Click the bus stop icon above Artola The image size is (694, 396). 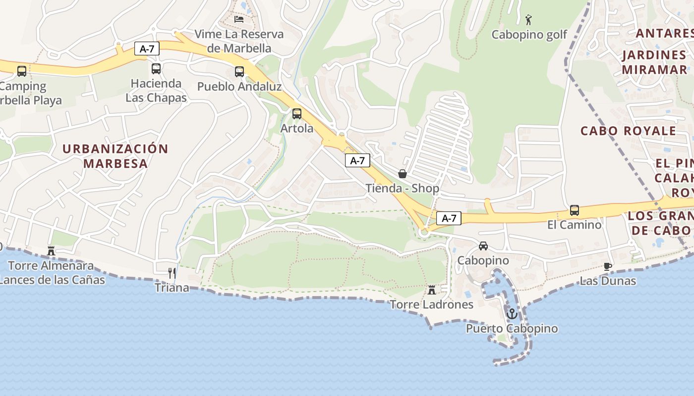(x=296, y=114)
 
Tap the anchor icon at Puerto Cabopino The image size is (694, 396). (x=512, y=313)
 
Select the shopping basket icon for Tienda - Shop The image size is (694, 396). (x=403, y=174)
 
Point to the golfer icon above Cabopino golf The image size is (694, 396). (x=528, y=20)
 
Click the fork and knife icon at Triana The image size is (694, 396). (x=172, y=273)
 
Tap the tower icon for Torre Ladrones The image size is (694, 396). (x=432, y=290)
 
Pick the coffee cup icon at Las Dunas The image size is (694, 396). (x=608, y=266)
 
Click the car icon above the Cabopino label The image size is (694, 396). (x=483, y=246)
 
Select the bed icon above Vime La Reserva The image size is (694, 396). (x=239, y=19)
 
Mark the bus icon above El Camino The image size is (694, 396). (x=574, y=210)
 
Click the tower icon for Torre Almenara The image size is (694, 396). (x=51, y=251)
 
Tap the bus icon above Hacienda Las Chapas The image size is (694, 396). (x=156, y=69)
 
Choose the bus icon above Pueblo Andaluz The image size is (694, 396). (x=239, y=72)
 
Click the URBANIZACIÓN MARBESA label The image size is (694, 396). (x=116, y=156)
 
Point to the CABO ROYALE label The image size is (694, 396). (x=628, y=131)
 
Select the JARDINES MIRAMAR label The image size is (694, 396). (x=654, y=62)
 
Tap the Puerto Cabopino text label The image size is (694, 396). (x=512, y=329)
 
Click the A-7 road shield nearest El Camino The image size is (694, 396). (x=449, y=218)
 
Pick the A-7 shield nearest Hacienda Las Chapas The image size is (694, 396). (x=147, y=49)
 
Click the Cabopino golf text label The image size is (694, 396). (x=529, y=35)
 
